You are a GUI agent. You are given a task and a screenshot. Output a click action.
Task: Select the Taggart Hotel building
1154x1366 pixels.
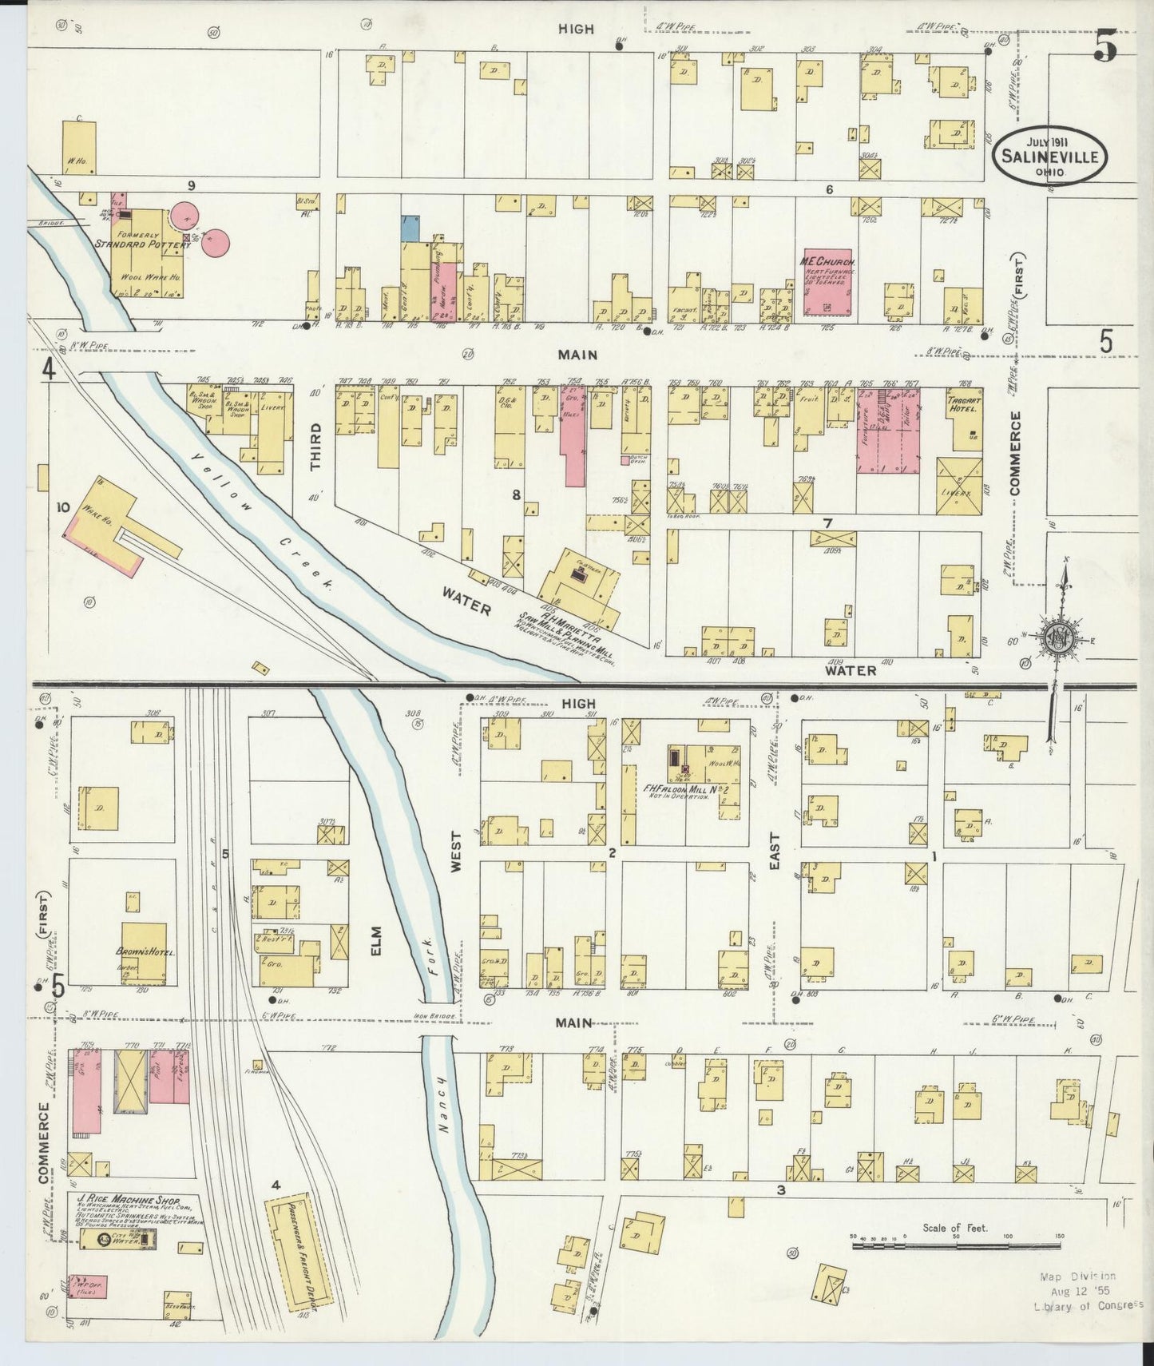(x=962, y=421)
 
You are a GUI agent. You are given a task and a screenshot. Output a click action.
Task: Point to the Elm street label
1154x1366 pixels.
(x=376, y=939)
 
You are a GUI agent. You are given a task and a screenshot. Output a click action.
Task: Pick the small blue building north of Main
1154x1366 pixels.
(x=410, y=228)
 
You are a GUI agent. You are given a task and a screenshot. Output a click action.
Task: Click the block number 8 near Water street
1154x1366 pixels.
(x=516, y=495)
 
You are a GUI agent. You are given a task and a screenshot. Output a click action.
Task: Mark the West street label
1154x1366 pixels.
(x=457, y=852)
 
